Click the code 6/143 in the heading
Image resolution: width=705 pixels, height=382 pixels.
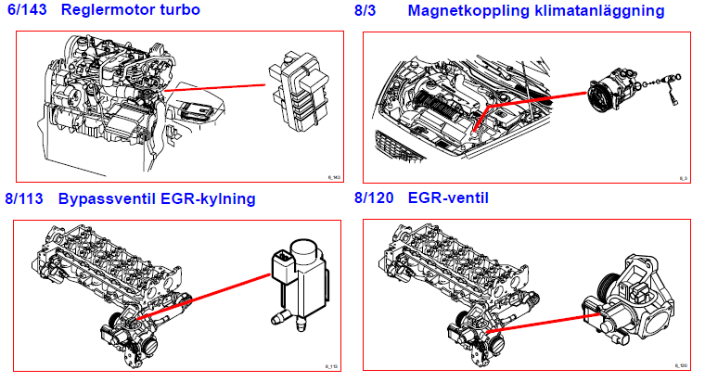coord(28,12)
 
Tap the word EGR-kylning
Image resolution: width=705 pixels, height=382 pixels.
coord(210,199)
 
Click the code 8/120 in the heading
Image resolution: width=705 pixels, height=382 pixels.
coord(374,198)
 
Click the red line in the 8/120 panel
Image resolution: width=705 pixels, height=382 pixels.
coord(538,320)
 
